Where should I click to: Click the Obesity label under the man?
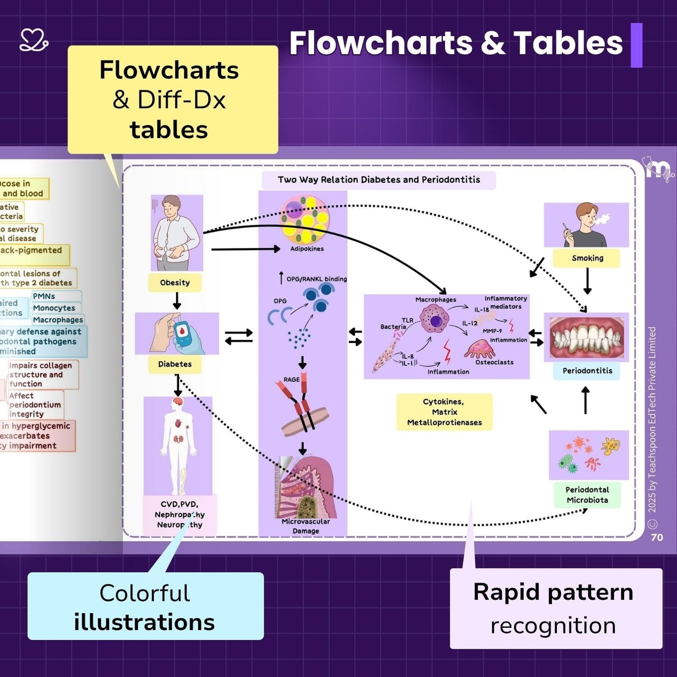click(x=175, y=283)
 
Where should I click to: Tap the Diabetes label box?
click(x=175, y=364)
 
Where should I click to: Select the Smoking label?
click(x=587, y=258)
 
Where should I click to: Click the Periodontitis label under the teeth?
click(x=587, y=371)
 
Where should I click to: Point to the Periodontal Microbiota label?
click(x=587, y=495)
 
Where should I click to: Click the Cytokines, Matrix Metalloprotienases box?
click(x=444, y=412)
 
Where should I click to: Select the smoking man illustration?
click(x=586, y=225)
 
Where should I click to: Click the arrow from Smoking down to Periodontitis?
click(x=587, y=282)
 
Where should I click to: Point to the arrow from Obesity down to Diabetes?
click(x=177, y=301)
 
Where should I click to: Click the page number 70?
click(x=657, y=537)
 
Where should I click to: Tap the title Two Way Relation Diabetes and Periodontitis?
click(x=379, y=180)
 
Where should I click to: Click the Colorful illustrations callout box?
click(x=145, y=606)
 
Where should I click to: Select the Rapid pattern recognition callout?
click(x=556, y=609)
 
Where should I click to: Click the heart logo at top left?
click(x=34, y=40)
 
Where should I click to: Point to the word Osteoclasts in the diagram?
click(x=494, y=362)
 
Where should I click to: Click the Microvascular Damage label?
click(x=305, y=526)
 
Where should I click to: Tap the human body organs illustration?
click(x=178, y=445)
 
